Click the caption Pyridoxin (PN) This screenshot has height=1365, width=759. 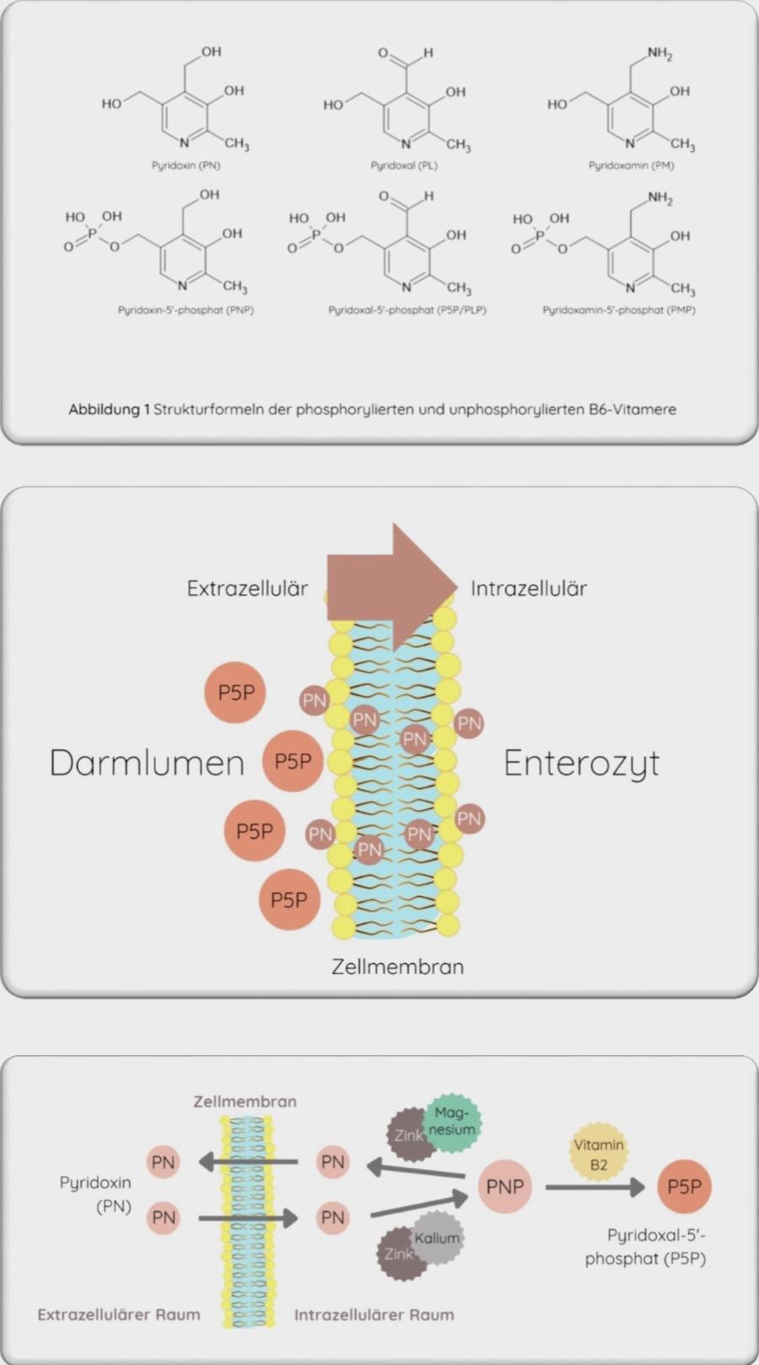[x=186, y=166]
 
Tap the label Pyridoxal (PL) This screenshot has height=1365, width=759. [x=404, y=166]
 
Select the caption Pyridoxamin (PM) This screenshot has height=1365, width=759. [x=631, y=166]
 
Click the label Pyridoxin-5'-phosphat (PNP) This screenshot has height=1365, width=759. [x=186, y=310]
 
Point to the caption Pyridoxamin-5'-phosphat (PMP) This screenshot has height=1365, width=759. [x=619, y=310]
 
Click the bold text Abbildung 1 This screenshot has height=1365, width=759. [x=109, y=410]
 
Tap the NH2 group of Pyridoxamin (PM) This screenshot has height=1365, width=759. [x=659, y=54]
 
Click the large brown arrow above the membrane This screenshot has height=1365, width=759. [x=393, y=586]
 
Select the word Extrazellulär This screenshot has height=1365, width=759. [x=247, y=588]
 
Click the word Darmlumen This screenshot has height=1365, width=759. [x=147, y=763]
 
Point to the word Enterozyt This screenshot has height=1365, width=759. [x=581, y=763]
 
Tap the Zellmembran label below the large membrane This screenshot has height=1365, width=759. [x=397, y=966]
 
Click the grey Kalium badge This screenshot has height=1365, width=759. [x=436, y=1238]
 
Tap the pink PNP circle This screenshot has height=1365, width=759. [x=505, y=1187]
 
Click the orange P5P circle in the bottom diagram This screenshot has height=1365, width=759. [x=684, y=1187]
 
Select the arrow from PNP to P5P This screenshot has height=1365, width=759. [x=594, y=1188]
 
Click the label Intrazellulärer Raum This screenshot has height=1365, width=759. [x=374, y=1314]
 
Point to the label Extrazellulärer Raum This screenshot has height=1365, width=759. [x=119, y=1314]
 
